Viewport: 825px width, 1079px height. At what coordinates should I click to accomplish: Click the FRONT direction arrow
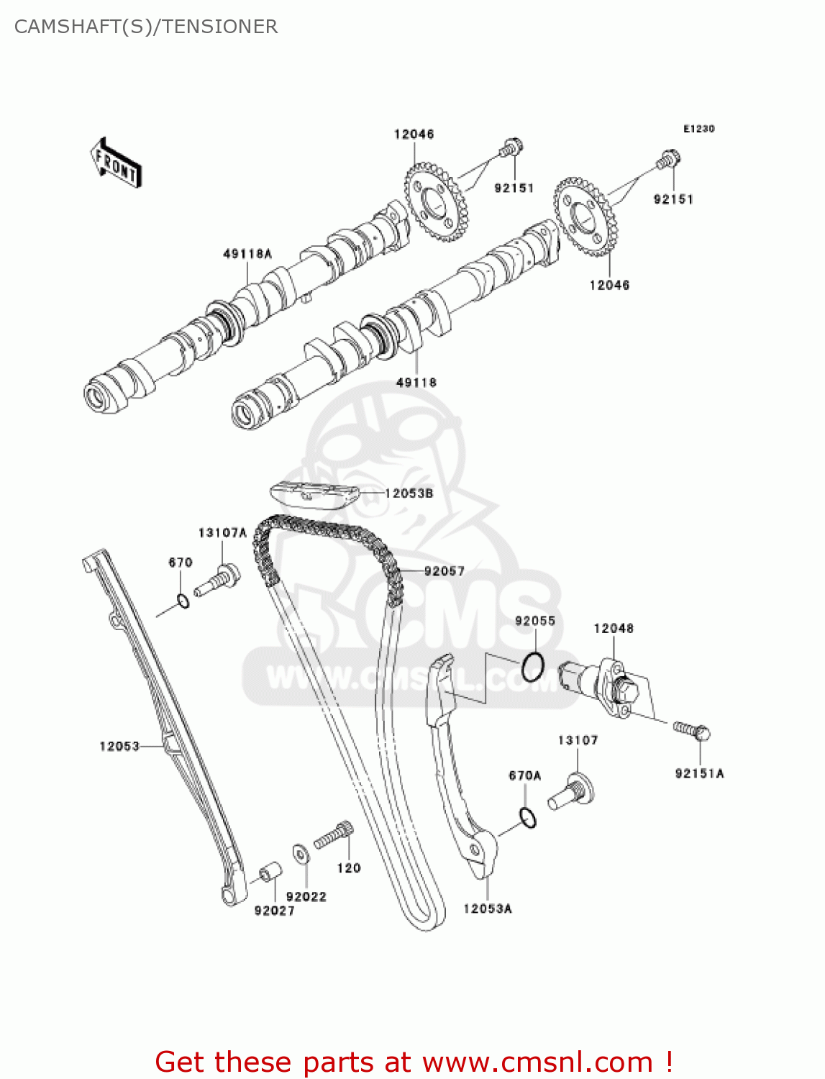tap(115, 163)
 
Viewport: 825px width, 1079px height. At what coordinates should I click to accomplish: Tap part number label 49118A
tap(247, 254)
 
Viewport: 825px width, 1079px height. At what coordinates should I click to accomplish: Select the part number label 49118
tap(416, 383)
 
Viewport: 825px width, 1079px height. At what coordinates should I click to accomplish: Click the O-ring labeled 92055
tap(533, 666)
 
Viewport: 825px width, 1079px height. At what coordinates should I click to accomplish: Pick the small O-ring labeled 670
tap(183, 601)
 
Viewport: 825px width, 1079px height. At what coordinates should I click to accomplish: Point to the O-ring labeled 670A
tap(528, 818)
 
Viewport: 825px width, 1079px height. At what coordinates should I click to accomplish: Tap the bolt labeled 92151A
tap(693, 730)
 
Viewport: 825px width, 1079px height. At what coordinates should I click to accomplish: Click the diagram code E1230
tap(698, 129)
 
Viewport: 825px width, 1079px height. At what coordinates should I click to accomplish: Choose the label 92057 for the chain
tap(445, 571)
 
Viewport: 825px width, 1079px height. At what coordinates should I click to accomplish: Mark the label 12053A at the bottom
tap(488, 909)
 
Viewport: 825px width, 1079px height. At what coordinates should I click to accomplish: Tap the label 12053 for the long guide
tap(119, 747)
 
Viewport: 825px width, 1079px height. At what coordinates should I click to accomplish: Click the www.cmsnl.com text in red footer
tap(537, 1062)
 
